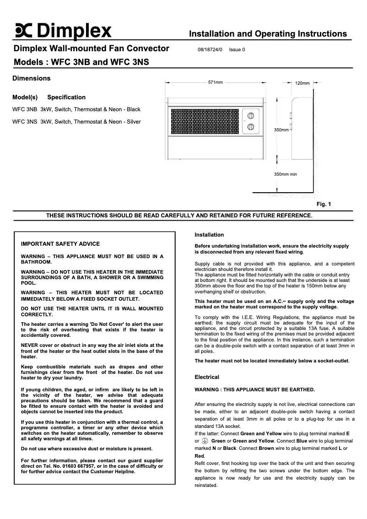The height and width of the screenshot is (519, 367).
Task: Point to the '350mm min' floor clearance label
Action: click(285, 174)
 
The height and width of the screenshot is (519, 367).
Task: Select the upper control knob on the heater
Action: click(251, 115)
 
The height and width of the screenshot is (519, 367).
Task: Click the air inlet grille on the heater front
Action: click(206, 121)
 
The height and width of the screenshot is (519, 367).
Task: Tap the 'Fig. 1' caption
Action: click(324, 204)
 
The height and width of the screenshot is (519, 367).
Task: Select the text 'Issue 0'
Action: click(237, 50)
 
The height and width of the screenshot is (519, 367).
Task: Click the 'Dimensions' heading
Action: click(31, 78)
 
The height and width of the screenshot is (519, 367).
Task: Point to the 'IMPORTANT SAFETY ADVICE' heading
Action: click(60, 244)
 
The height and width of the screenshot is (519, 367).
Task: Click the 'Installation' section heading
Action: click(209, 235)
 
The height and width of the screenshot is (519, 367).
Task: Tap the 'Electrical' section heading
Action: click(207, 377)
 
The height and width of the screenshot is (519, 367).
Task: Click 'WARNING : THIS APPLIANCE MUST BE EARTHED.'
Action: click(255, 389)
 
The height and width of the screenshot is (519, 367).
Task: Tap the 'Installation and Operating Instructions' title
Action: click(268, 34)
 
